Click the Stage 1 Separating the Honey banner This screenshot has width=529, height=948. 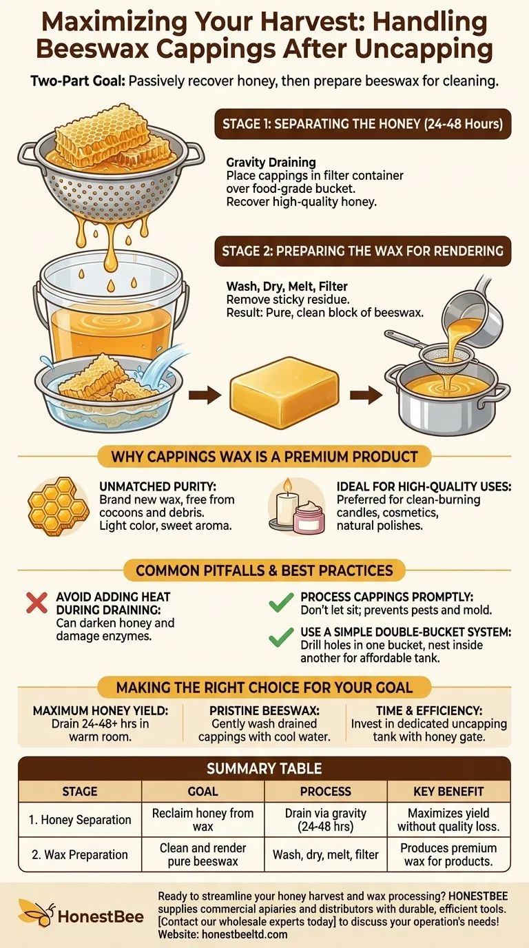click(363, 124)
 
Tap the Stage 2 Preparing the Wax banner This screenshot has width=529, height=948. click(363, 251)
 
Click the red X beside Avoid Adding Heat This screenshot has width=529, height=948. click(37, 603)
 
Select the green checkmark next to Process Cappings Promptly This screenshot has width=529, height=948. click(281, 602)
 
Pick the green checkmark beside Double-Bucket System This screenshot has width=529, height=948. click(281, 637)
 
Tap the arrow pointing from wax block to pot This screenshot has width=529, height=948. click(366, 395)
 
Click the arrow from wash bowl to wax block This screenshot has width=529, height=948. click(205, 395)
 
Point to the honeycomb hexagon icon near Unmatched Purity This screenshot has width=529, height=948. click(59, 506)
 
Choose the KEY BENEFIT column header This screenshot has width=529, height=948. click(448, 792)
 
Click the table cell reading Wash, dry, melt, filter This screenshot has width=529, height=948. click(325, 854)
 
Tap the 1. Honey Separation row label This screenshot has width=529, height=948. click(80, 820)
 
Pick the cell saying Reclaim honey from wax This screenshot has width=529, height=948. click(203, 819)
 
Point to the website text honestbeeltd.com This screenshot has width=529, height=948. click(245, 934)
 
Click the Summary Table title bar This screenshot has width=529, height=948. click(264, 768)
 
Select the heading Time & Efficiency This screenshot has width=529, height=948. click(429, 710)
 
